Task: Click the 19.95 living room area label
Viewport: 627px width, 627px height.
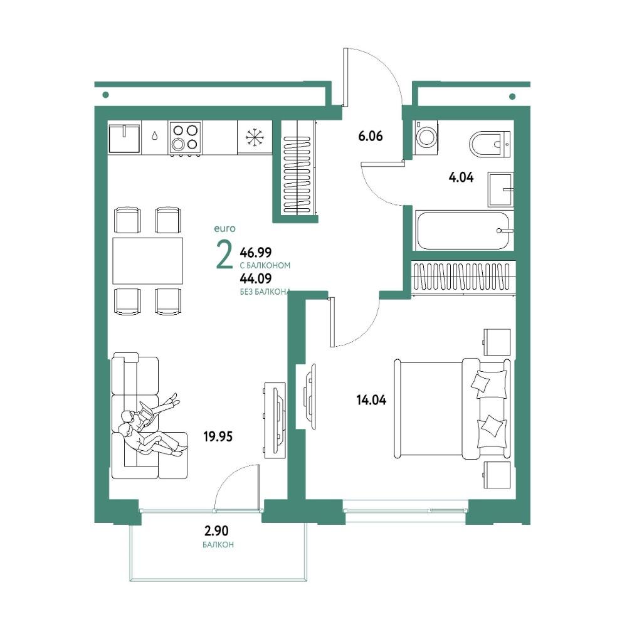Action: (x=218, y=436)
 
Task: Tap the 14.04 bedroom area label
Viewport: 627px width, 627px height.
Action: (x=371, y=399)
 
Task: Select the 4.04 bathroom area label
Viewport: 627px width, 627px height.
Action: (x=461, y=177)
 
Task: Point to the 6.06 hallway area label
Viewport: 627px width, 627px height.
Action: (x=371, y=136)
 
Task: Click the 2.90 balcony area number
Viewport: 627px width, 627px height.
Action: (x=216, y=530)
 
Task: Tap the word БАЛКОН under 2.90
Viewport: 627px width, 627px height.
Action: (x=218, y=545)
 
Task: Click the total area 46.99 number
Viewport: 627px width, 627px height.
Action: (x=256, y=252)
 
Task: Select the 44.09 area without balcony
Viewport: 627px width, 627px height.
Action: (x=256, y=278)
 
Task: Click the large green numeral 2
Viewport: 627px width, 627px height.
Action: (x=224, y=256)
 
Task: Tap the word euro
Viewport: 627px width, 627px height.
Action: (x=224, y=229)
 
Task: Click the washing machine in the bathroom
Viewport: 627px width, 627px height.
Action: (x=426, y=137)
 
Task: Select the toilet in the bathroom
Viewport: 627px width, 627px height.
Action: (x=490, y=144)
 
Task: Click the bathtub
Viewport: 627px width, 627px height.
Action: (x=464, y=231)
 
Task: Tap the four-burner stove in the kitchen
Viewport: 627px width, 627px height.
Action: (x=186, y=137)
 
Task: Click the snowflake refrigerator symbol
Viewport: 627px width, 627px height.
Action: (x=255, y=137)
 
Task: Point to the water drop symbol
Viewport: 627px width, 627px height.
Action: (x=155, y=136)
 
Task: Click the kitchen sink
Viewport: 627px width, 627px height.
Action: (x=125, y=137)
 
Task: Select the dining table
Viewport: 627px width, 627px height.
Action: (x=147, y=261)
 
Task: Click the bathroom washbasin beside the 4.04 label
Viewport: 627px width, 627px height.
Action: (x=500, y=189)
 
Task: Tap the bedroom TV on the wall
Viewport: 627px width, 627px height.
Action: (x=310, y=391)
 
